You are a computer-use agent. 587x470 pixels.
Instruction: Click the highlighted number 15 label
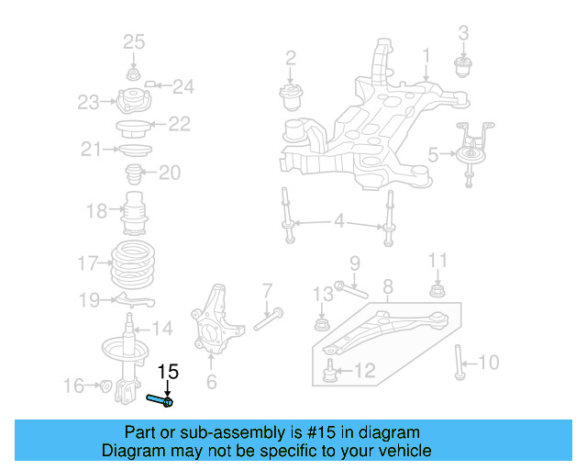pos(167,372)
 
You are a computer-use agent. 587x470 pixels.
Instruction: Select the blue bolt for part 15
pos(160,399)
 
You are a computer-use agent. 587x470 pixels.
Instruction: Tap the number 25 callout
pos(134,41)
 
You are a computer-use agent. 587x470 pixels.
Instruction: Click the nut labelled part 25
pos(134,74)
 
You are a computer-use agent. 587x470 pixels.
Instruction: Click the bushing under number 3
pos(463,66)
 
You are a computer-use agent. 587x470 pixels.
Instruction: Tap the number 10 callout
pos(490,363)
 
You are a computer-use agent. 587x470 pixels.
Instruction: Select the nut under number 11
pos(438,292)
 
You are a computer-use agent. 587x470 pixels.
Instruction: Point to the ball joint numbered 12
pos(328,371)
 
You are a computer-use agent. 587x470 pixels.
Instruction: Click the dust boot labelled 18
pos(134,212)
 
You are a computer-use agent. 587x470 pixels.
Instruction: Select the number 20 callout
pos(171,173)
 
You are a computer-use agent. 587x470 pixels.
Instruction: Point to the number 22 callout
pos(179,124)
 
